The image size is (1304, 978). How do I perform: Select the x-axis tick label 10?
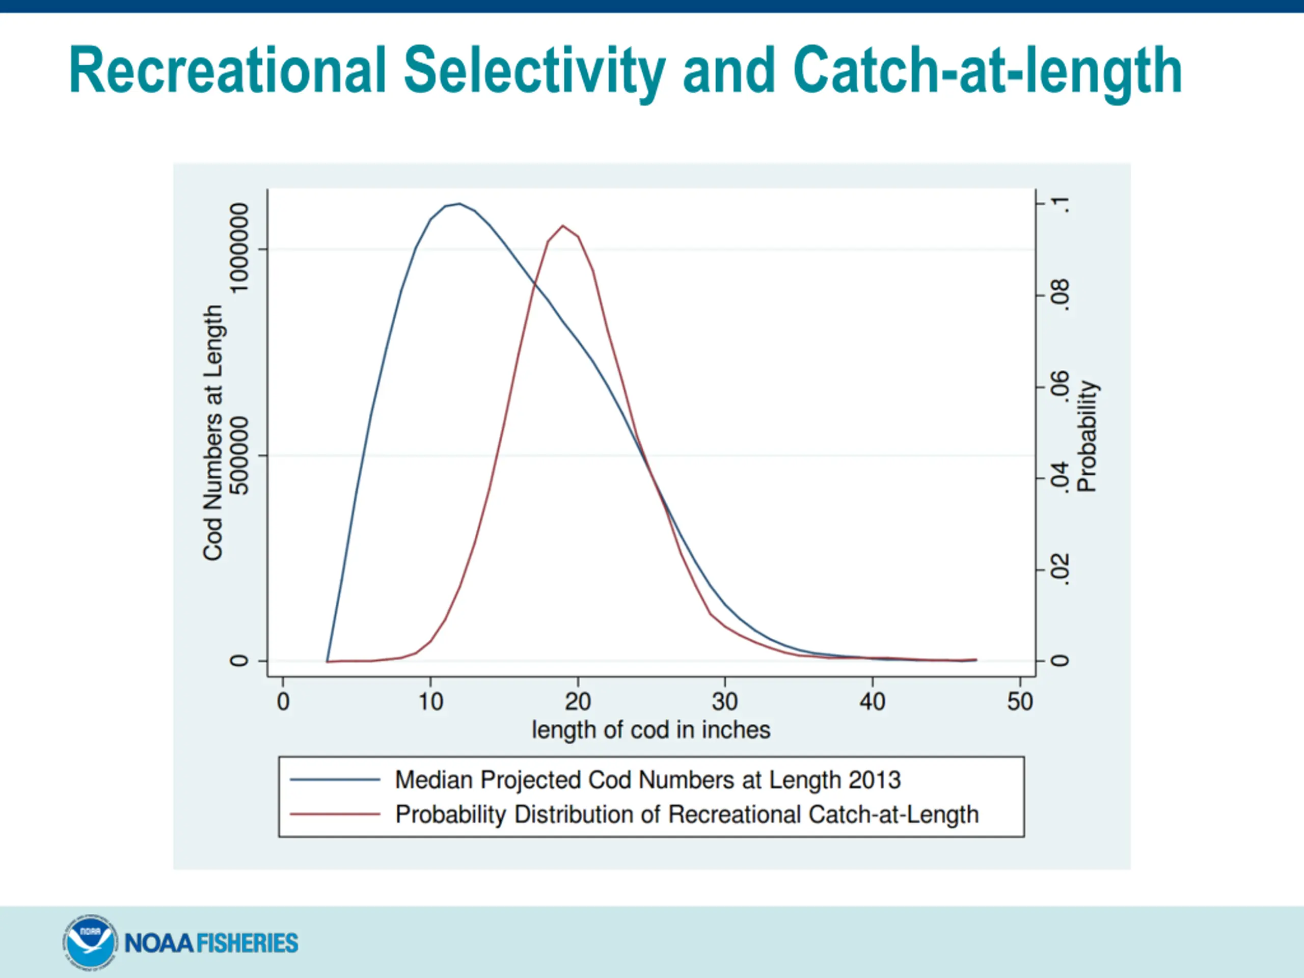(430, 701)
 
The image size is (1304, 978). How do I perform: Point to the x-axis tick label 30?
(724, 701)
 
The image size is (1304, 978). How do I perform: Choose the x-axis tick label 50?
(1019, 701)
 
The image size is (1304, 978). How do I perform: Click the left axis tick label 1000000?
(239, 248)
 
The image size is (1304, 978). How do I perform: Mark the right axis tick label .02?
(1060, 569)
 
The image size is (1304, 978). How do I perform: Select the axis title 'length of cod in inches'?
(651, 730)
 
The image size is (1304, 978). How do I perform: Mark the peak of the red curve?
(563, 226)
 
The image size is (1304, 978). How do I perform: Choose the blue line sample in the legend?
(335, 780)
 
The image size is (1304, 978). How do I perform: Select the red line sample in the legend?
(335, 814)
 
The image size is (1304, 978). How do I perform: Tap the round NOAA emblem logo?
(89, 942)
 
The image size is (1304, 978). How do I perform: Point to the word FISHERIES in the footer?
(247, 943)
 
